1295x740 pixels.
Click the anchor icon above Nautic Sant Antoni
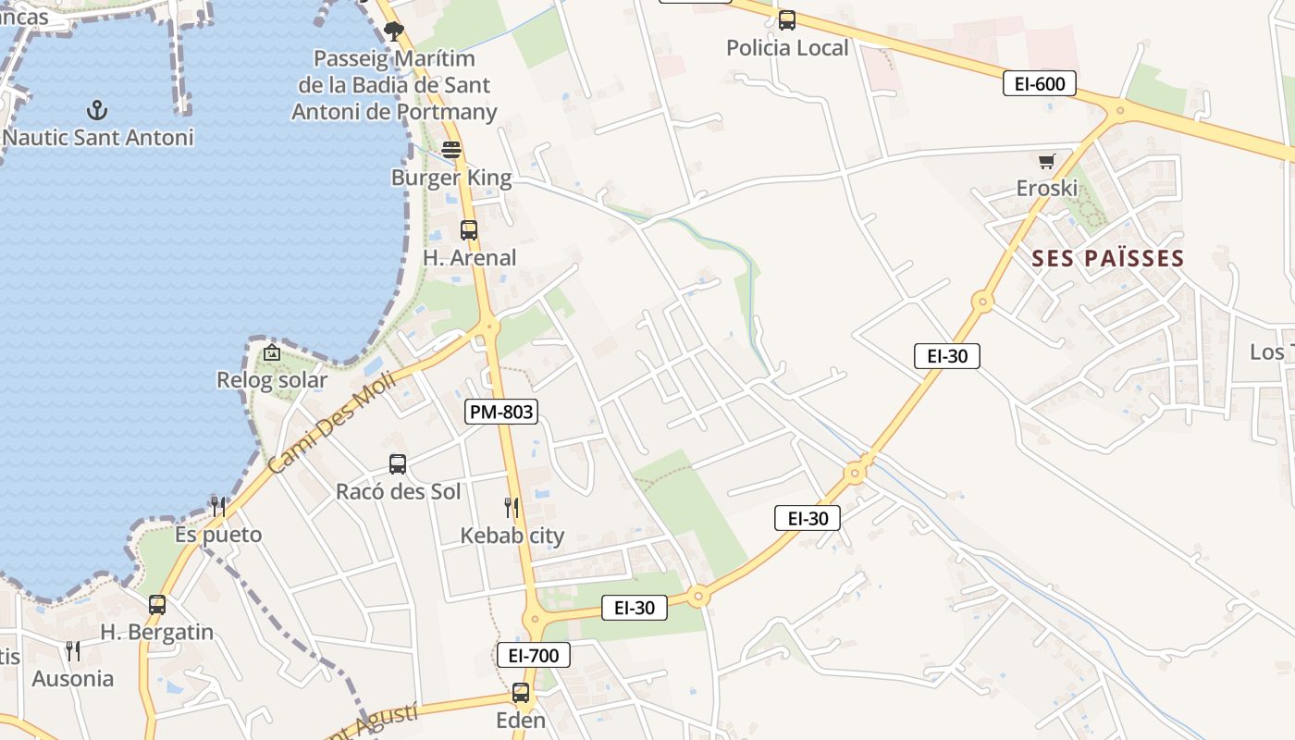(x=97, y=111)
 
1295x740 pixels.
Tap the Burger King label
(x=451, y=178)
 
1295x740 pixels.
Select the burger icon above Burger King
(x=451, y=149)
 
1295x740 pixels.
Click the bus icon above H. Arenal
(x=469, y=229)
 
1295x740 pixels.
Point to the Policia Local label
(x=787, y=48)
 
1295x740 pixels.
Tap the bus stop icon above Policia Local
(x=787, y=19)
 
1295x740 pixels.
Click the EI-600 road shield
(x=1040, y=84)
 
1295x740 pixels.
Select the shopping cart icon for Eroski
(x=1047, y=162)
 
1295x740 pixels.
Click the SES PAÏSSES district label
(x=1107, y=258)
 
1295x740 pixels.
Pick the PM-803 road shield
(x=501, y=412)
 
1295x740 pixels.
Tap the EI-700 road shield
(x=534, y=656)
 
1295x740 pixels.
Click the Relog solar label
(x=272, y=380)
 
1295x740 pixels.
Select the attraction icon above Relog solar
(x=271, y=352)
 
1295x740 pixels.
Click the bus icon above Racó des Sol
(x=398, y=463)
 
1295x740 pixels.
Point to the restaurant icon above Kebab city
(x=512, y=507)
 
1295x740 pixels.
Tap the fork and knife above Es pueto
(x=218, y=506)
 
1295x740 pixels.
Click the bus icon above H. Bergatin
(x=157, y=605)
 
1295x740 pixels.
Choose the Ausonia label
(x=73, y=679)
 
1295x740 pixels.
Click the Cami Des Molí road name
(x=331, y=423)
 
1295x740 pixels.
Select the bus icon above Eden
(x=521, y=692)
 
